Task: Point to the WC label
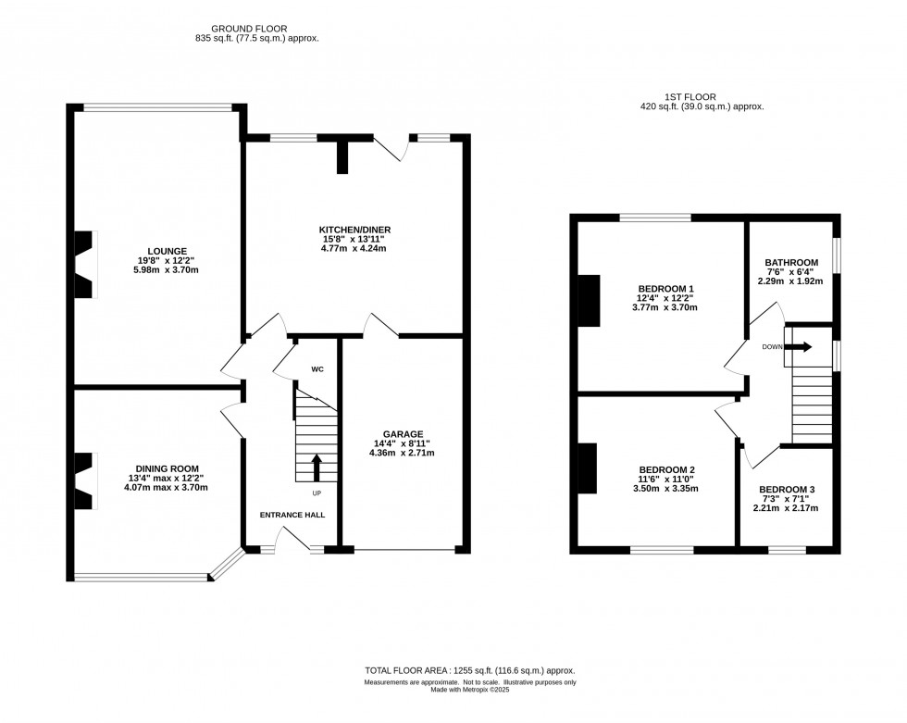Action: coord(317,369)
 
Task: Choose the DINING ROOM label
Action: coord(167,468)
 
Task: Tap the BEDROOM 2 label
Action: coord(666,469)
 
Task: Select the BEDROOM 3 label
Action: coord(787,490)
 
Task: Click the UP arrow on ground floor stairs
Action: coord(317,467)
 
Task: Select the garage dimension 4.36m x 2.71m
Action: coord(402,454)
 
